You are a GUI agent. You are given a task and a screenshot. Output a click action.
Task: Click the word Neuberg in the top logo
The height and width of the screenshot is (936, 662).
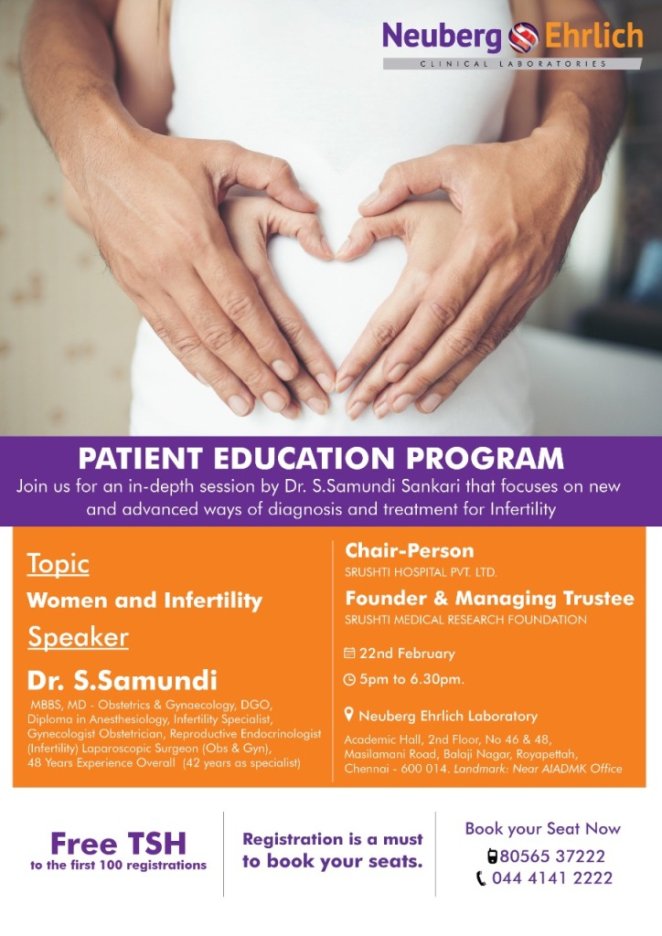click(443, 37)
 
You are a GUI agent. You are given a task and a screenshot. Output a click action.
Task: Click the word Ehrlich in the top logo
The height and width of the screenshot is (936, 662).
click(593, 36)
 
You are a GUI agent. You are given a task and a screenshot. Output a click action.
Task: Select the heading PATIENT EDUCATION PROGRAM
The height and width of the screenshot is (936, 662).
click(321, 459)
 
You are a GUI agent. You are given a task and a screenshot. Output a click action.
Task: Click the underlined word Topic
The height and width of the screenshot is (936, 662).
click(58, 563)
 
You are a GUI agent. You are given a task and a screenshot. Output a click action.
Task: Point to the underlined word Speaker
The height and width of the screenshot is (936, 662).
click(79, 637)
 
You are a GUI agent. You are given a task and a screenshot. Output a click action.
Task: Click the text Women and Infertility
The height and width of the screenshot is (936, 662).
click(144, 601)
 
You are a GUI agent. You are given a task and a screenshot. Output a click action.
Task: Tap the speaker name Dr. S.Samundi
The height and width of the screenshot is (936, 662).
click(123, 680)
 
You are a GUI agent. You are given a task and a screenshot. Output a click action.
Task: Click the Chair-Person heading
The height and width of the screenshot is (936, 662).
click(410, 550)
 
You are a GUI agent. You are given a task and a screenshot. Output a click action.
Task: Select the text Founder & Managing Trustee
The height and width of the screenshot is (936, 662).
click(489, 598)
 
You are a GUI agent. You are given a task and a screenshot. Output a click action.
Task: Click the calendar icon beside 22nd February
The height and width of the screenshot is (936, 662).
click(350, 653)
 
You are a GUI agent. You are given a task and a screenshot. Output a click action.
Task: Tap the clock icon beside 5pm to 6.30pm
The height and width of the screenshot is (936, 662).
click(350, 679)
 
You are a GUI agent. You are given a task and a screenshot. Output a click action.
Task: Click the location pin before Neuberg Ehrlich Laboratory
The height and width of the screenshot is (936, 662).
click(349, 715)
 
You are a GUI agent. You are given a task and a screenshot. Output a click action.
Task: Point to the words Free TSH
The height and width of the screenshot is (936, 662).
click(118, 844)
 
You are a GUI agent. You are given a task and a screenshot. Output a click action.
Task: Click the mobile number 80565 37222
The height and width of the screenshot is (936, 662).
click(552, 856)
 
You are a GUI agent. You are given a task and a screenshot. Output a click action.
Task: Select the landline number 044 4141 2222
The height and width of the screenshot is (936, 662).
click(552, 878)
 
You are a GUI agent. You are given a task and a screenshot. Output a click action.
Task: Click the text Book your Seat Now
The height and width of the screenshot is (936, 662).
click(542, 828)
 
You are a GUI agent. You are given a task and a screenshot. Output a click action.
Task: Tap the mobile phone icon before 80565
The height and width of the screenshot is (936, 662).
click(493, 856)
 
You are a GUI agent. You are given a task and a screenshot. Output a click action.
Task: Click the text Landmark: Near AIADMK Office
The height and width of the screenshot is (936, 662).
click(538, 769)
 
